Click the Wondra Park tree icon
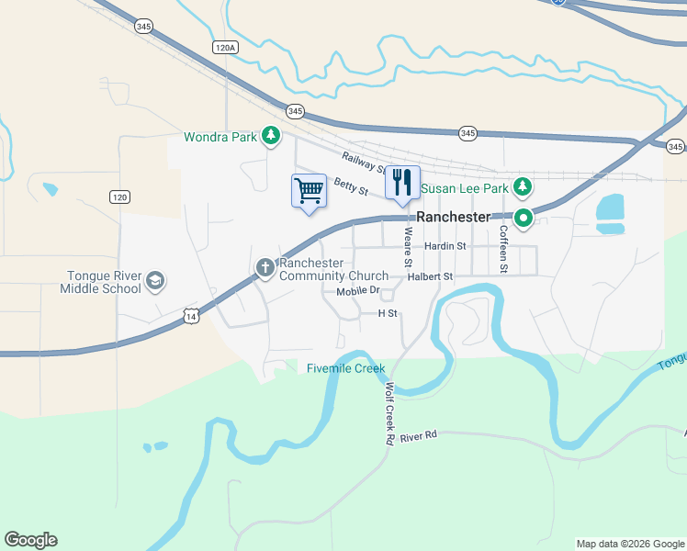pos(270,137)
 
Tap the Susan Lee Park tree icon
pos(523,188)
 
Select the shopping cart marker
pos(310,191)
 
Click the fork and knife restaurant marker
pos(401,182)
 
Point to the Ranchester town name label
pos(453,217)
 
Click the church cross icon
pos(265,268)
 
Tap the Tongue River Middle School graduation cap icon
pos(155,281)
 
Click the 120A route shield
pos(224,47)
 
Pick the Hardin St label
pos(445,246)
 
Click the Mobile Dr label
pos(357,291)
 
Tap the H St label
pos(387,313)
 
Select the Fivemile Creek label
pos(344,368)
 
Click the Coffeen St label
pos(503,250)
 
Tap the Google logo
pos(30,540)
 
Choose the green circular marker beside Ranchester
pos(524,219)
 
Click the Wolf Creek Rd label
pos(389,413)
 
